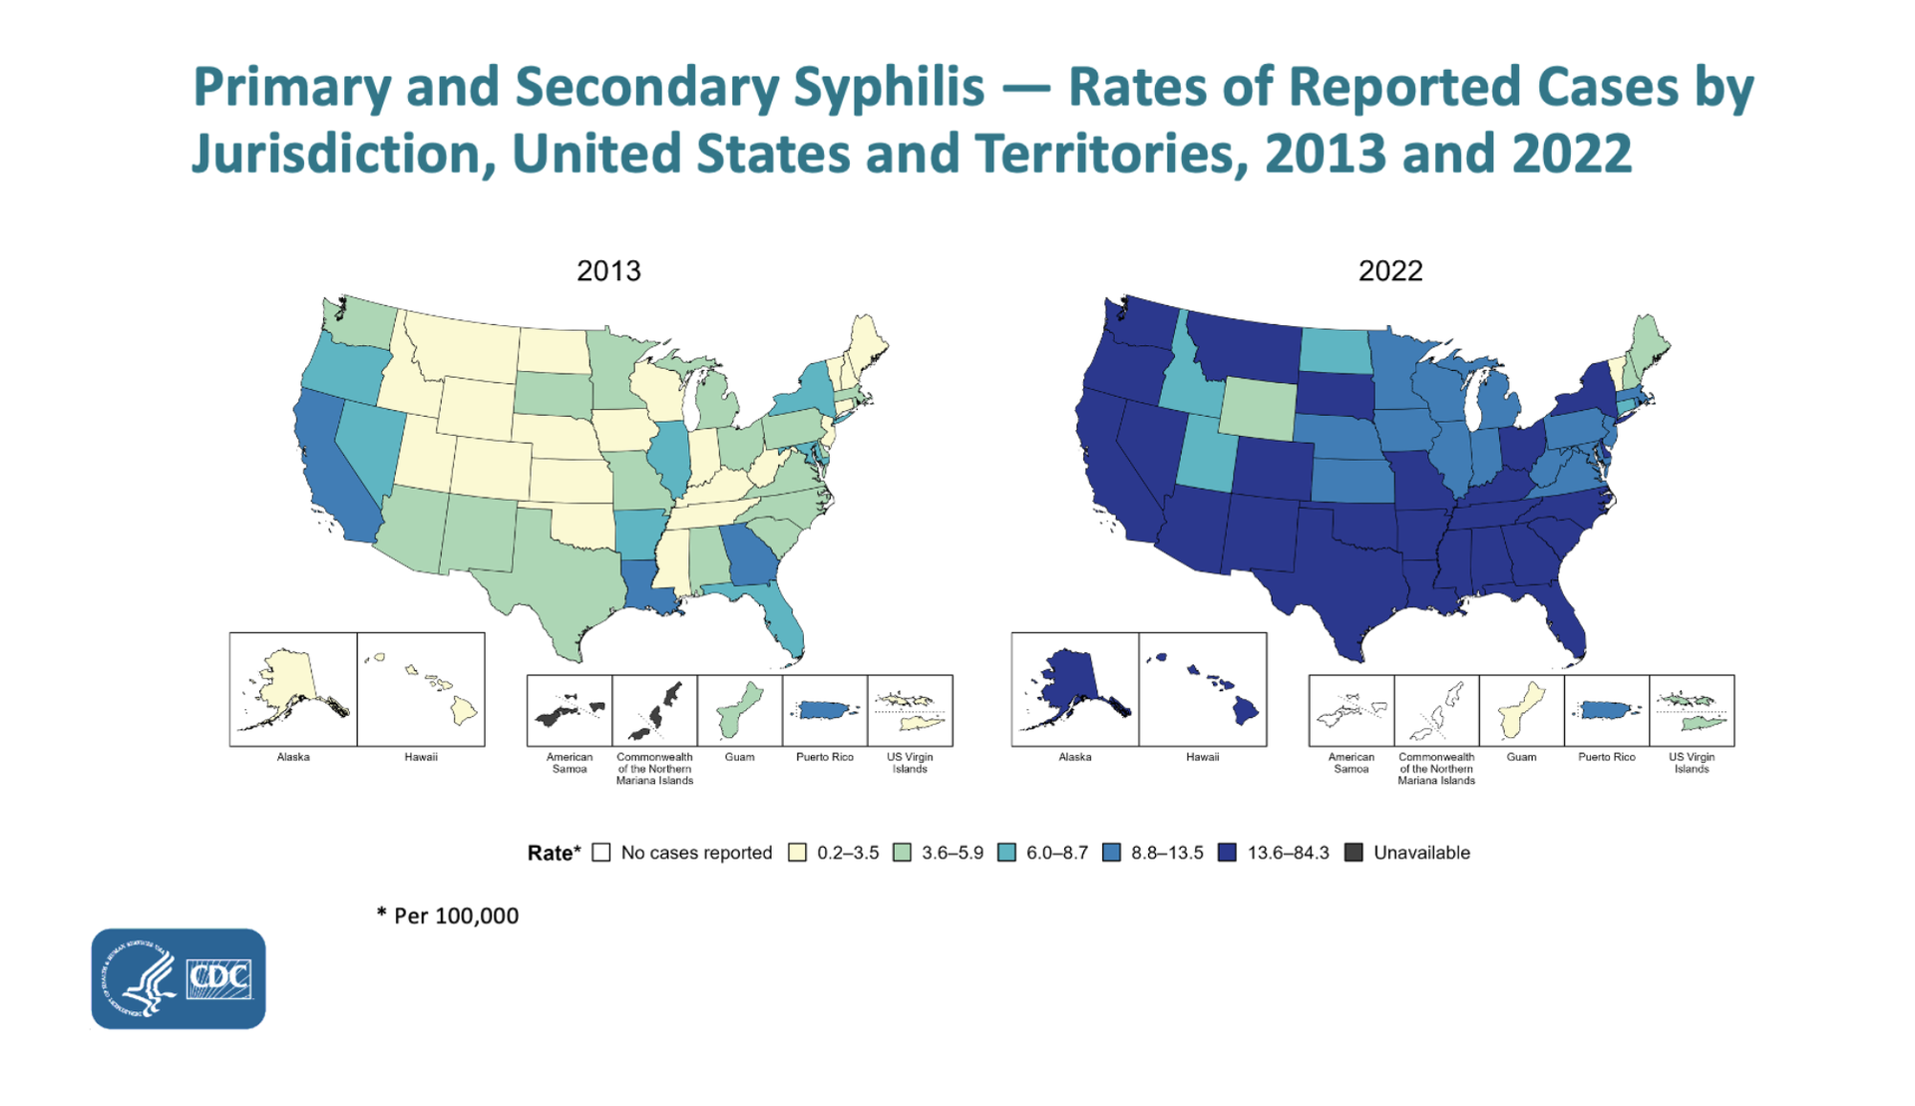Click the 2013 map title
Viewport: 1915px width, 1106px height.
[x=608, y=270]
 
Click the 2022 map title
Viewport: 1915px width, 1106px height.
[x=1389, y=270]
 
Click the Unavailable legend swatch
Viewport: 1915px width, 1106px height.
[x=1353, y=853]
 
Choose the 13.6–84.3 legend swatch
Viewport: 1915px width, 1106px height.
[x=1227, y=853]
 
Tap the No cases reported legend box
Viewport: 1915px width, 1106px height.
[x=601, y=853]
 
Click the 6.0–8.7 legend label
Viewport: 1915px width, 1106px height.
[x=1056, y=853]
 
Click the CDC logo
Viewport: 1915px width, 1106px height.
[x=179, y=978]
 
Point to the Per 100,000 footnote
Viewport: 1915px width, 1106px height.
[x=448, y=916]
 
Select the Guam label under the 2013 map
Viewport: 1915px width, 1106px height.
[x=739, y=758]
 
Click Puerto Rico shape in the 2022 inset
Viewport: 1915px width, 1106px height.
[x=1607, y=710]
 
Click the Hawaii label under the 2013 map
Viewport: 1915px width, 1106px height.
[x=421, y=758]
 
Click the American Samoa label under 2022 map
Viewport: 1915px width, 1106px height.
[x=1350, y=763]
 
